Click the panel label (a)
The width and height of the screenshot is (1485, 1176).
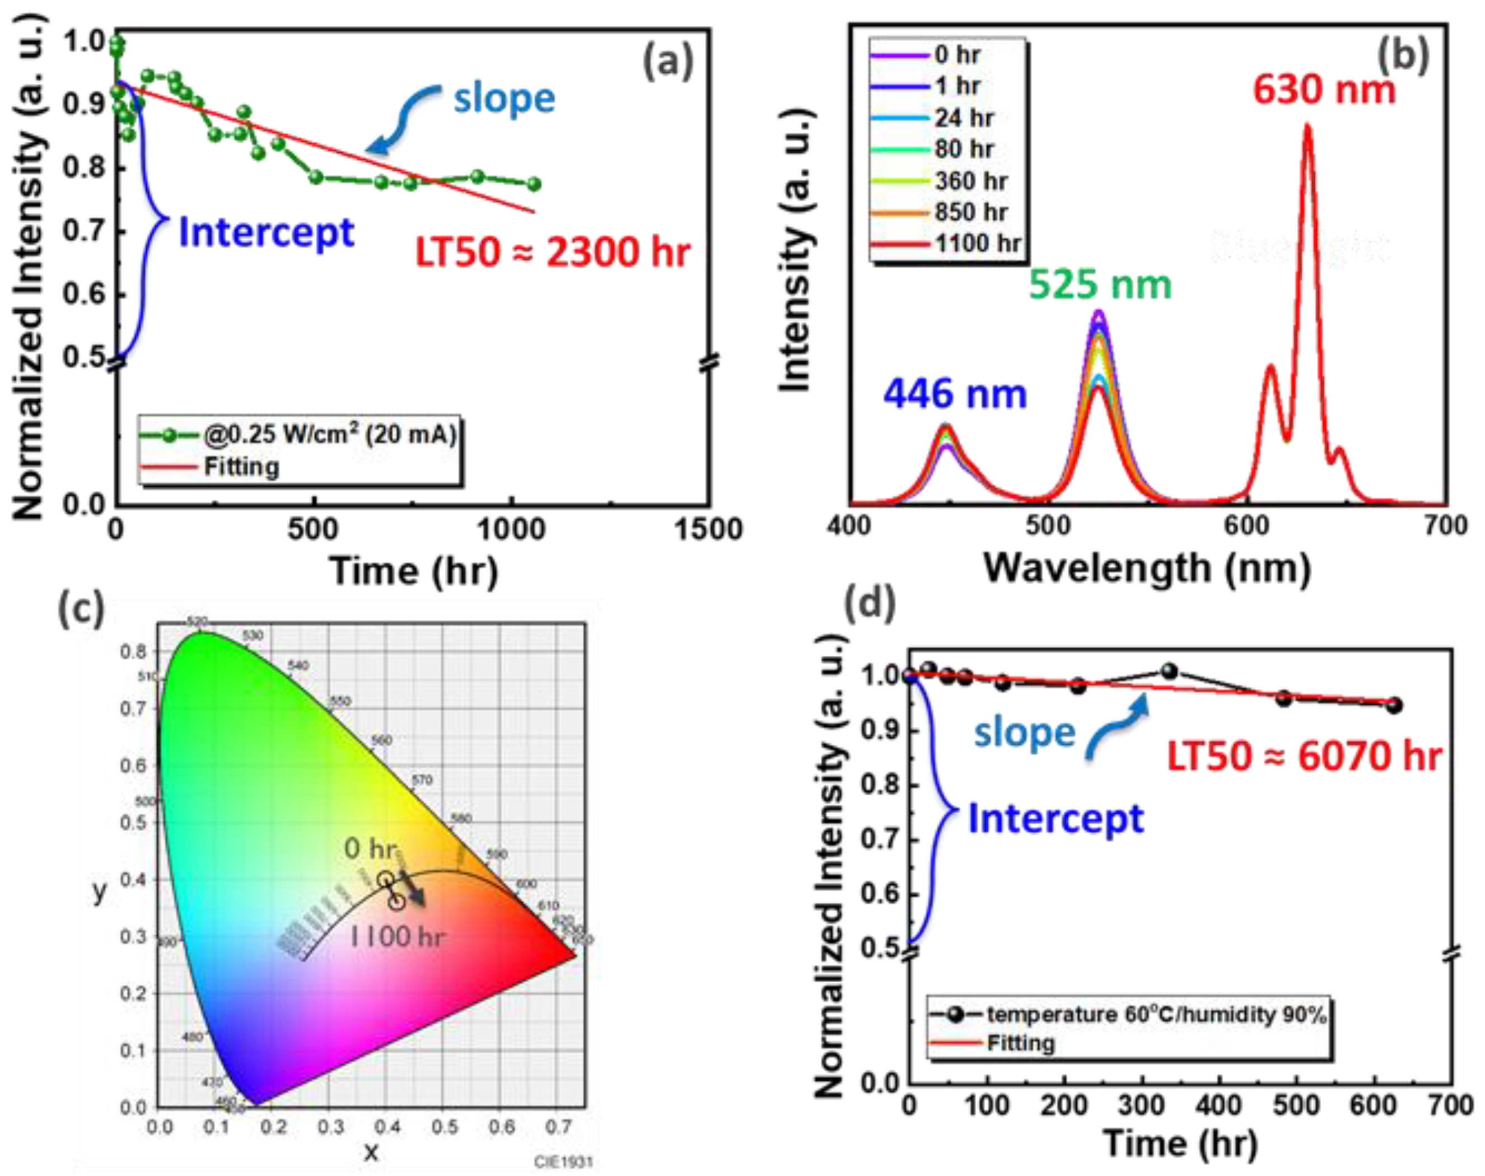667,63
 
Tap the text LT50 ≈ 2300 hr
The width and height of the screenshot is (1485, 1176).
552,253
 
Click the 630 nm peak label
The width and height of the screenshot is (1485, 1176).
1323,90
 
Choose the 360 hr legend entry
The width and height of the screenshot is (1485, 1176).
970,181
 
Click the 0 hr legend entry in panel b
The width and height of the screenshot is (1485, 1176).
957,55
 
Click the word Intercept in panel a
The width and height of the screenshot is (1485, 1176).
267,233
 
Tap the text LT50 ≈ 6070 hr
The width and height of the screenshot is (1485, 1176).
1303,757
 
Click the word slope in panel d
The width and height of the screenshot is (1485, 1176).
1024,732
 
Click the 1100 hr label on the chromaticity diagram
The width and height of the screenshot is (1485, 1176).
397,936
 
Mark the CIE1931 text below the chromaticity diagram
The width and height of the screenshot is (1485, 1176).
562,1162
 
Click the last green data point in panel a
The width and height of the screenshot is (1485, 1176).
534,184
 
